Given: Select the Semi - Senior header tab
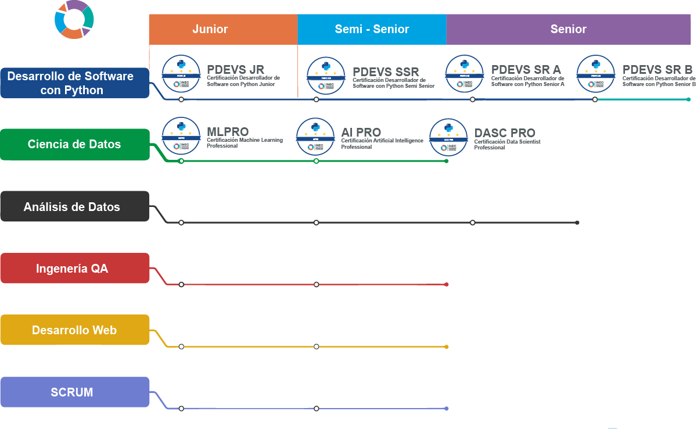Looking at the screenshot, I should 372,29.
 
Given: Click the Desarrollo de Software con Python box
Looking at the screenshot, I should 74,83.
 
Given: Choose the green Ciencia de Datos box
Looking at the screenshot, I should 74,144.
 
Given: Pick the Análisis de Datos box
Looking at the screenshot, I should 74,206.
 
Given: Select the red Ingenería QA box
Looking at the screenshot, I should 74,269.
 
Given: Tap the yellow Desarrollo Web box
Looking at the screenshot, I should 74,330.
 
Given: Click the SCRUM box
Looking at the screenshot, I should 74,392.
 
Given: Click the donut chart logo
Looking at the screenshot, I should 74,19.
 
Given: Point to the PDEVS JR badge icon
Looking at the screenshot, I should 181,74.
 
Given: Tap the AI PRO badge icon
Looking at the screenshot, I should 315,137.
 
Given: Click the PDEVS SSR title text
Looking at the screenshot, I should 386,72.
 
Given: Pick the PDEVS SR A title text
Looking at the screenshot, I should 526,70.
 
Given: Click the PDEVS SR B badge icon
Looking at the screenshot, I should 596,74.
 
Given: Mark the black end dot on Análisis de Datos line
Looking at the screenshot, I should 577,223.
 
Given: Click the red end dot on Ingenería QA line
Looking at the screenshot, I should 446,284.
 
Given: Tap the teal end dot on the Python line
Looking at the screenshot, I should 689,99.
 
